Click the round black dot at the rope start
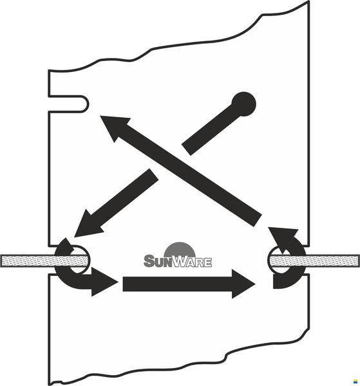point(243,104)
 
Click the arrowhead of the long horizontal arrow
point(242,284)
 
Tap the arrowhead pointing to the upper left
point(113,126)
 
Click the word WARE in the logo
point(193,262)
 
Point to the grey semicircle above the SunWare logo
point(180,249)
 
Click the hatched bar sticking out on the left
point(44,261)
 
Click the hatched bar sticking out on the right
point(314,261)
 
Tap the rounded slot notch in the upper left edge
point(68,104)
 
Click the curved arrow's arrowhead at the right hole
point(283,238)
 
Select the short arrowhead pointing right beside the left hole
point(104,282)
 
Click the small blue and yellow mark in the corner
point(355,381)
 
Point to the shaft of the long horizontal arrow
point(177,284)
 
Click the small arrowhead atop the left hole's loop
point(67,245)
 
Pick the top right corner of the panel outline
point(308,1)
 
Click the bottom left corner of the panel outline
point(50,384)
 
